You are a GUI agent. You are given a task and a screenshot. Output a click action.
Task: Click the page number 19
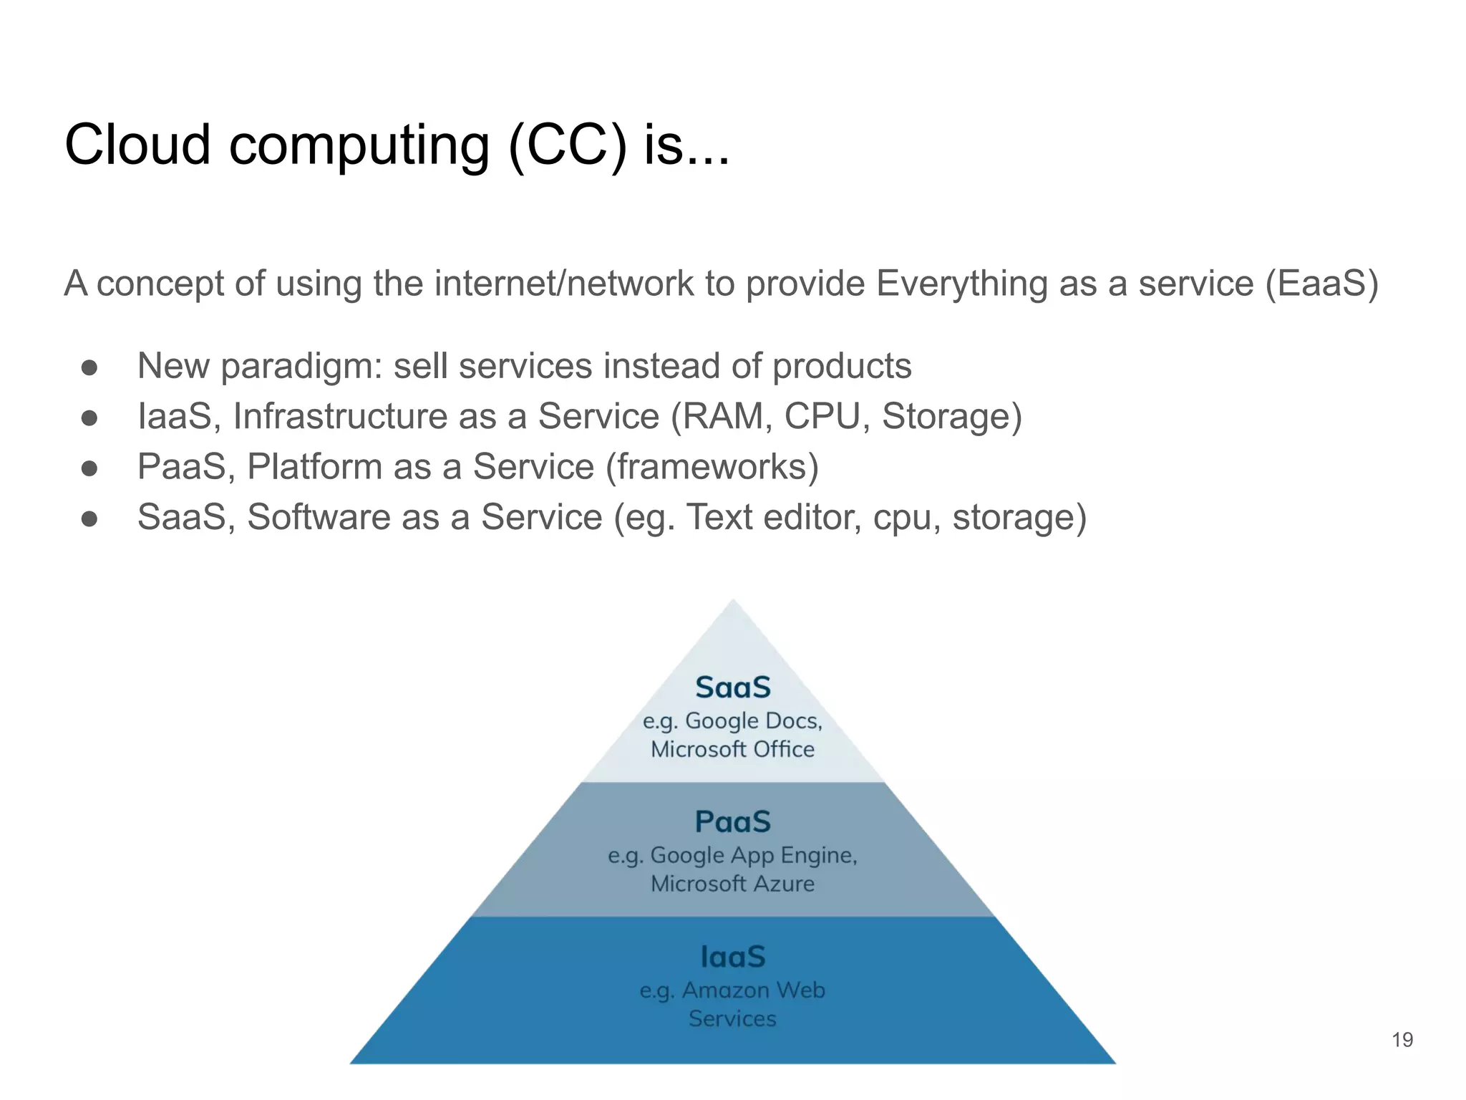coord(1402,1039)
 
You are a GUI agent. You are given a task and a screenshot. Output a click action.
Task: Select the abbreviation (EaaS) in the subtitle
coord(1321,283)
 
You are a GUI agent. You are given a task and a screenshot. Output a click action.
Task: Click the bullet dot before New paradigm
coord(89,367)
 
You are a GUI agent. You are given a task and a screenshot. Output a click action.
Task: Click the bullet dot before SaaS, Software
coord(89,518)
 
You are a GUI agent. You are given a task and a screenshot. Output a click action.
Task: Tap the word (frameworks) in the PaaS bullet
coord(712,467)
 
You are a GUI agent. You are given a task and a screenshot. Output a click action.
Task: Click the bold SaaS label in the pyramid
coord(733,687)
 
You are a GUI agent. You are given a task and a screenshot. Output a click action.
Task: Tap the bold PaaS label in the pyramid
coord(733,821)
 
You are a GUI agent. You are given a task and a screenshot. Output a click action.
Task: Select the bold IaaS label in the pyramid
coord(733,957)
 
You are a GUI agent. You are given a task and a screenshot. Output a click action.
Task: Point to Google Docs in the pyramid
coord(753,720)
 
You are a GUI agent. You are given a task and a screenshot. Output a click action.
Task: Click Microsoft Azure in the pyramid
coord(733,884)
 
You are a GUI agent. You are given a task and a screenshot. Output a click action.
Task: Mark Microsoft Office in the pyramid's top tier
coord(733,749)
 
